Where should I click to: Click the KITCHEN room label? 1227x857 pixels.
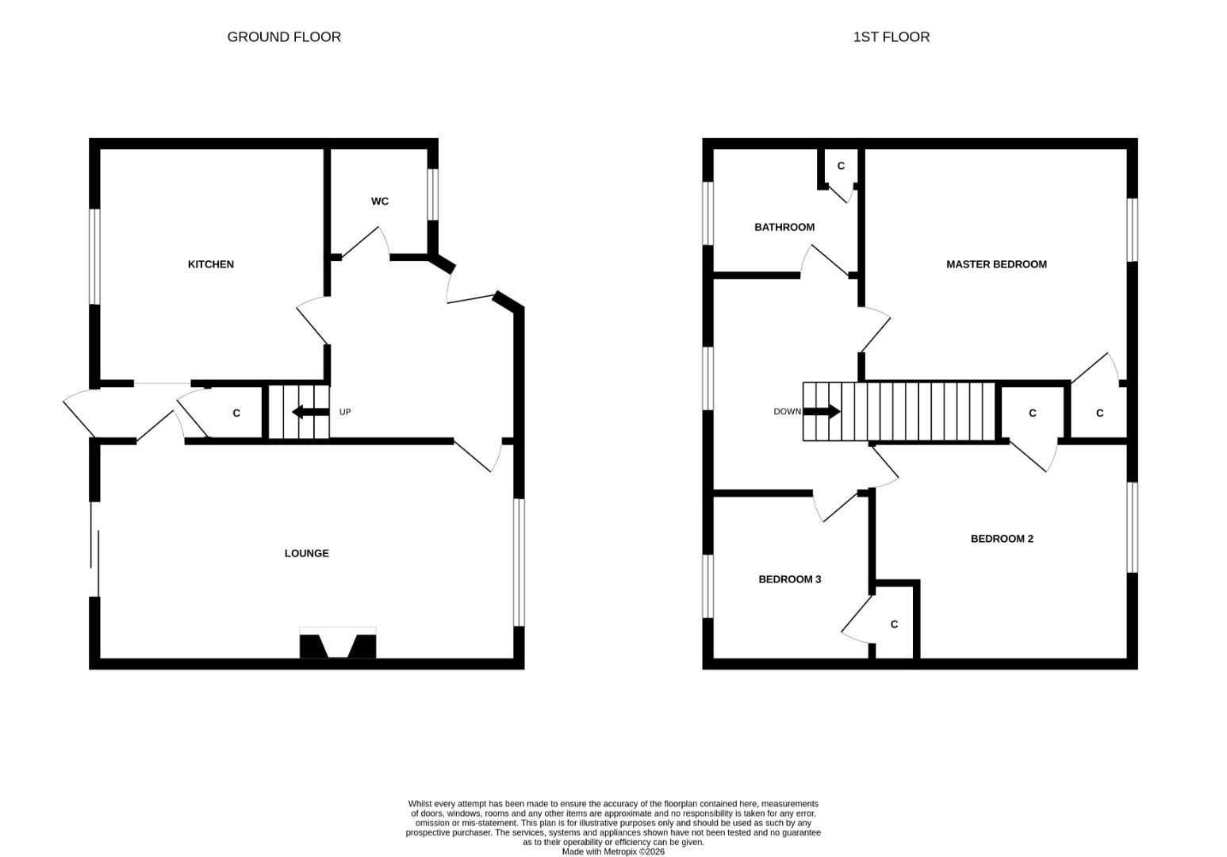[210, 264]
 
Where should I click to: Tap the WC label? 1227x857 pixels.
[380, 202]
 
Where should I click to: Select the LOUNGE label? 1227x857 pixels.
[306, 553]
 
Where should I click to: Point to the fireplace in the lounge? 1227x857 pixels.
[338, 644]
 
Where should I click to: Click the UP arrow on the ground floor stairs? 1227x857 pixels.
[310, 412]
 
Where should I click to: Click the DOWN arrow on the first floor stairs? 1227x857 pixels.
[822, 411]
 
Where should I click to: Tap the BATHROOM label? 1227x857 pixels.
[784, 227]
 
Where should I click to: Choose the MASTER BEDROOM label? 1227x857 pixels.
[996, 264]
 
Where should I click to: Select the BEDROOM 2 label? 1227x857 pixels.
[1002, 539]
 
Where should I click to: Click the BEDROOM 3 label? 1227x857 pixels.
[789, 579]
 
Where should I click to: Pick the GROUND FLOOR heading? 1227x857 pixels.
[284, 37]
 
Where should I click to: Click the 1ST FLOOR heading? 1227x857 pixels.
[891, 37]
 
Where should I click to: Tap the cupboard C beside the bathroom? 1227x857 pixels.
[841, 166]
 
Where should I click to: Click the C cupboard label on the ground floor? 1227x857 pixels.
[236, 413]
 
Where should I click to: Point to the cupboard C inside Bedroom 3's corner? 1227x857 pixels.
[894, 624]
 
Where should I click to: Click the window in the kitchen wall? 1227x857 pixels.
[94, 256]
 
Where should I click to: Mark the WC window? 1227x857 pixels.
[433, 194]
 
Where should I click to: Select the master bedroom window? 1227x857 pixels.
[1133, 229]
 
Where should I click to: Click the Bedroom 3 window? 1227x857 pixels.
[707, 586]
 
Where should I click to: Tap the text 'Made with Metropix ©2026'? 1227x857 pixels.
[613, 851]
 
